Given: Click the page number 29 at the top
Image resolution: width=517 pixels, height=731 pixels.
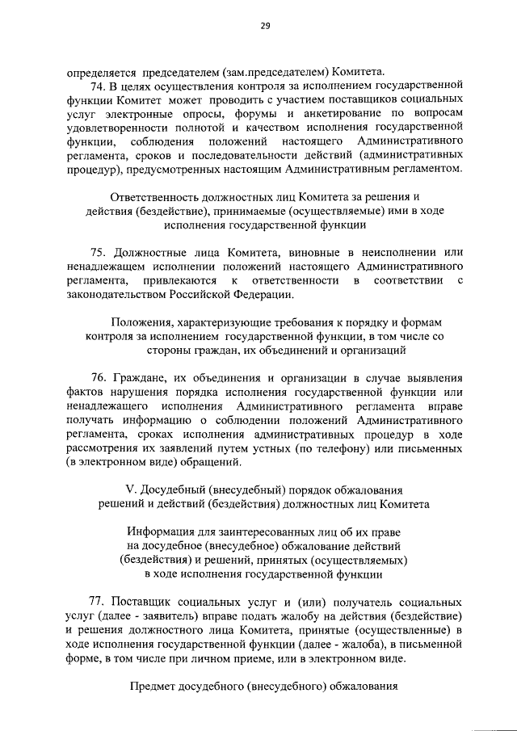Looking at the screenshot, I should (264, 26).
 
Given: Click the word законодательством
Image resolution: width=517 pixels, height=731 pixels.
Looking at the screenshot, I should (118, 295).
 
